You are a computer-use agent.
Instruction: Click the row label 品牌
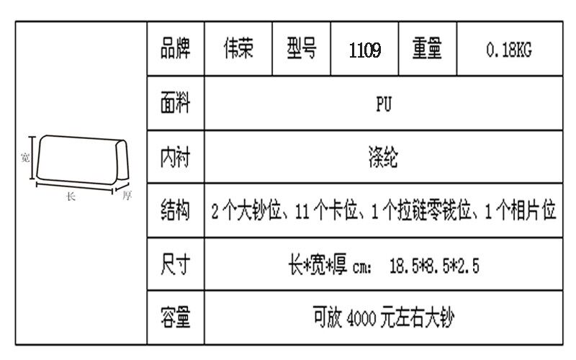click(x=175, y=50)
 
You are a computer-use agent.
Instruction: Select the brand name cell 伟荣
click(x=238, y=50)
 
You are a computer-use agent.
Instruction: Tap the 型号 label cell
click(x=302, y=50)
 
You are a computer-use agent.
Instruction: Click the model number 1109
click(x=365, y=50)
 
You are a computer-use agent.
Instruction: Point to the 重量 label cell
click(x=428, y=50)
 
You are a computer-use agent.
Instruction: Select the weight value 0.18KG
click(x=509, y=50)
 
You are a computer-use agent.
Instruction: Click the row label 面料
click(x=175, y=104)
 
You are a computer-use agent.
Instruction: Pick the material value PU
click(x=384, y=104)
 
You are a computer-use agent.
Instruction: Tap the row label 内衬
click(x=175, y=157)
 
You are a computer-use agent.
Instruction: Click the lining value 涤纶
click(x=384, y=157)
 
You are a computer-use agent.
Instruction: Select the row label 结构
click(x=175, y=211)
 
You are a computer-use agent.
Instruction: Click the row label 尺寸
click(x=175, y=265)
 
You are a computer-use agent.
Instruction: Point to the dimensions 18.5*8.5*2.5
click(x=434, y=266)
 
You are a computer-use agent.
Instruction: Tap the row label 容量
click(x=175, y=318)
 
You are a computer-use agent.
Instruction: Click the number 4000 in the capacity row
click(x=359, y=318)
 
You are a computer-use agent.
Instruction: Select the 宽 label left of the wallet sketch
click(x=24, y=158)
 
